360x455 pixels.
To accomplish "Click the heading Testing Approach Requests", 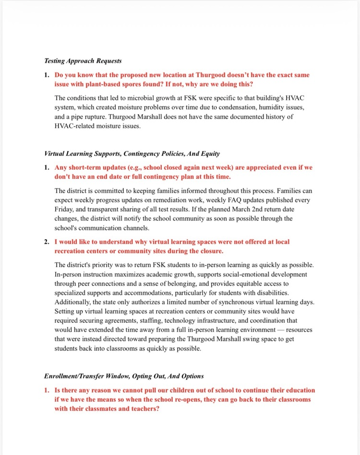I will coord(83,61).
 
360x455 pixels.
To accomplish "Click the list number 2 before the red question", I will coord(47,242).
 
